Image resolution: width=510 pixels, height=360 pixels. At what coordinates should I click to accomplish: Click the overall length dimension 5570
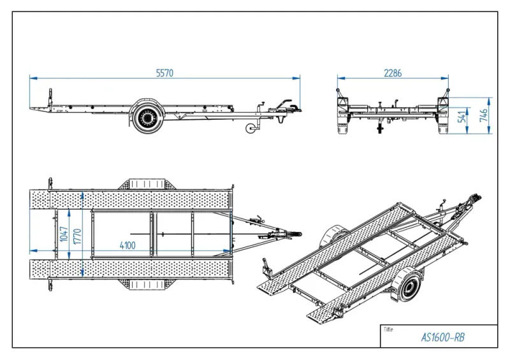pos(164,73)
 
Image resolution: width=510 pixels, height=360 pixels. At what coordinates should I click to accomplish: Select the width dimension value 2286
pos(393,73)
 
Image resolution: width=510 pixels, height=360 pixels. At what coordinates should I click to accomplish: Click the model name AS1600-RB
pos(442,337)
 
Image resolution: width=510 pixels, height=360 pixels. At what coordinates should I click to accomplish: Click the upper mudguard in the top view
pos(147,184)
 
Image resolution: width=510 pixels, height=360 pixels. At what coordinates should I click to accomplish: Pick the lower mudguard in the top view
pos(147,284)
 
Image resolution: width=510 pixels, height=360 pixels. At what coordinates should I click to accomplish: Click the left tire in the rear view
pos(343,125)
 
